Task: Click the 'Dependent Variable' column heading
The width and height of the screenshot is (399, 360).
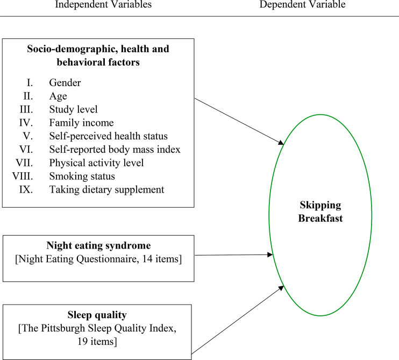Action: point(303,5)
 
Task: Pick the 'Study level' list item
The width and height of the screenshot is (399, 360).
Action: point(71,109)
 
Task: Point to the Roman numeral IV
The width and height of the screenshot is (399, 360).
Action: point(32,123)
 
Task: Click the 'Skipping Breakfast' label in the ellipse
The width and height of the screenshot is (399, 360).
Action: point(320,213)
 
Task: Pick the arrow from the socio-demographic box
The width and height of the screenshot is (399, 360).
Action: point(238,122)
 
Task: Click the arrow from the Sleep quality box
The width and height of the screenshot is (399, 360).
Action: point(238,320)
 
